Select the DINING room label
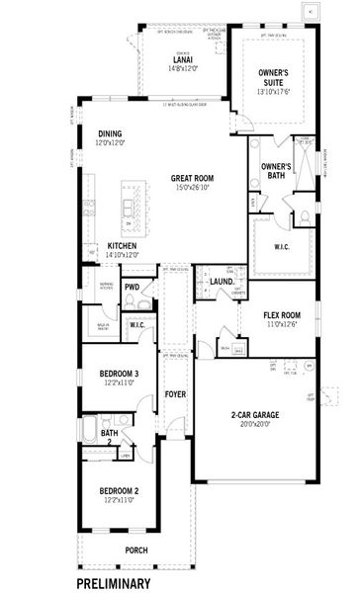(x=111, y=133)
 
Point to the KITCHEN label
(x=123, y=244)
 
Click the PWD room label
(x=132, y=288)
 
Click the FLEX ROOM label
(x=283, y=314)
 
